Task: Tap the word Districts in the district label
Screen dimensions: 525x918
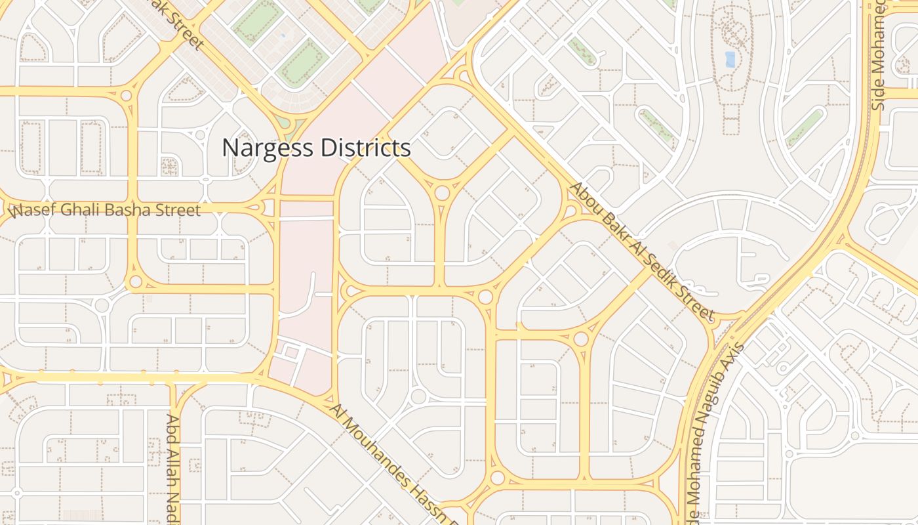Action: (x=365, y=148)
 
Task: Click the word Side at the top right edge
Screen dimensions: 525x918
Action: (x=879, y=97)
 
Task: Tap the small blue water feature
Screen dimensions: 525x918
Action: (x=730, y=60)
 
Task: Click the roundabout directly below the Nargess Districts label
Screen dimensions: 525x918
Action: (x=443, y=193)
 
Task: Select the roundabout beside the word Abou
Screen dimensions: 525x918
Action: (x=570, y=211)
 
